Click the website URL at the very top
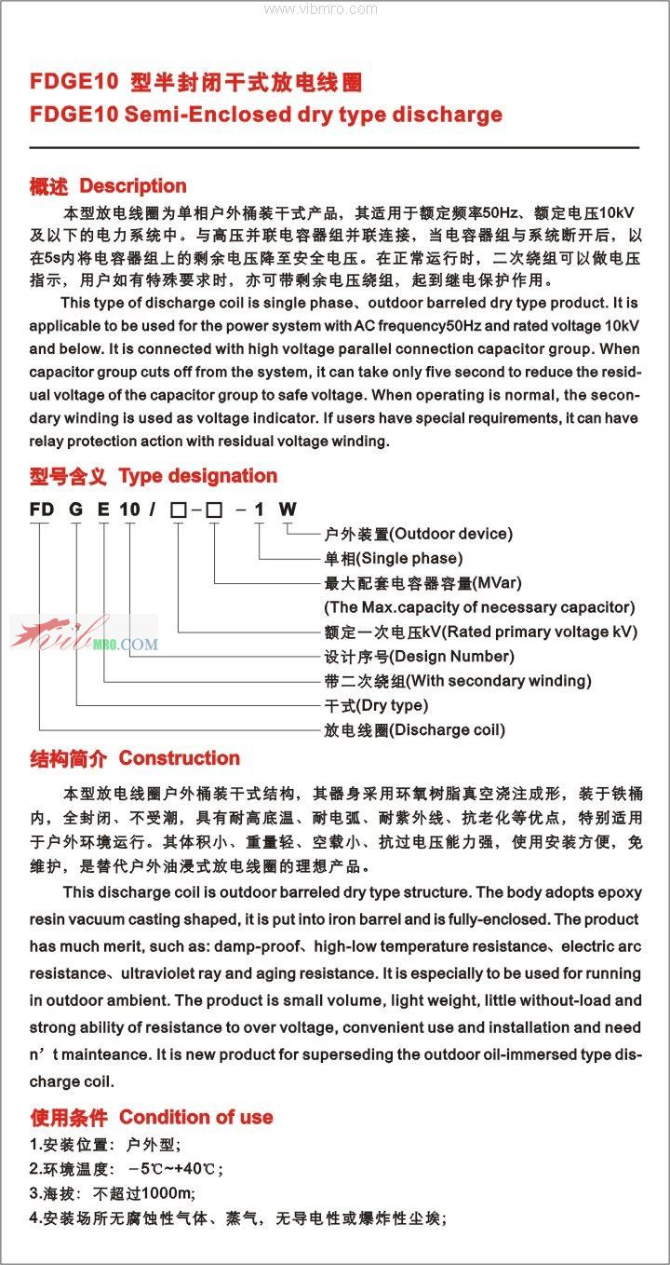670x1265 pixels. pos(321,9)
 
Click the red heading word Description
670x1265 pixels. pos(132,186)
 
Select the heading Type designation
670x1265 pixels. pos(198,476)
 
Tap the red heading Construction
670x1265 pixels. pos(180,758)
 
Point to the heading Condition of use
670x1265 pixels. pos(195,1117)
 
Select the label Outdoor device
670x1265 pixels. pos(451,534)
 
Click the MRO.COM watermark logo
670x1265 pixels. pos(84,636)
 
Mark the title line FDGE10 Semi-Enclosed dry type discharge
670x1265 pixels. pos(266,115)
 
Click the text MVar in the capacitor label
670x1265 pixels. pos(498,583)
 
